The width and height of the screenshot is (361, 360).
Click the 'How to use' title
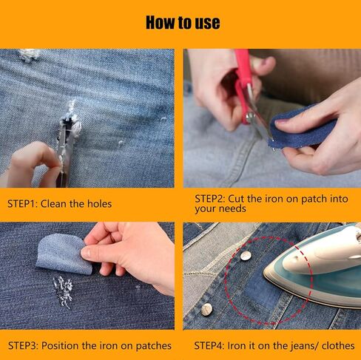click(183, 22)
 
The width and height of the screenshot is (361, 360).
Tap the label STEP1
click(21, 204)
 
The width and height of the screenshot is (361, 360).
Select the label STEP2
click(210, 199)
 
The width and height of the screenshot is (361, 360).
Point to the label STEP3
click(23, 345)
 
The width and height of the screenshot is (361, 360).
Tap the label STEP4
click(209, 345)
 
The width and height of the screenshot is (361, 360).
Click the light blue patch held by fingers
click(61, 254)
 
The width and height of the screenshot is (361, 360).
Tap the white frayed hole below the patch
click(64, 291)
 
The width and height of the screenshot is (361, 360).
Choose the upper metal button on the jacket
click(246, 256)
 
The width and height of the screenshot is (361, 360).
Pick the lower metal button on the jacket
click(206, 309)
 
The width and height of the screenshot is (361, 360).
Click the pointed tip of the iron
click(264, 273)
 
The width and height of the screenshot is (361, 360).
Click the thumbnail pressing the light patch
click(86, 252)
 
